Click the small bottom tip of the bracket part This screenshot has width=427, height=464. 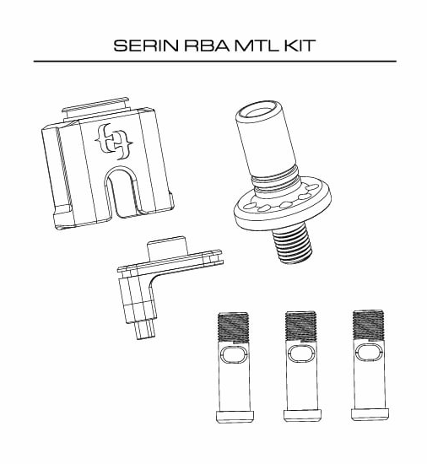pyautogui.click(x=143, y=333)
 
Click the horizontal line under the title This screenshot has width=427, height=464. pyautogui.click(x=214, y=62)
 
